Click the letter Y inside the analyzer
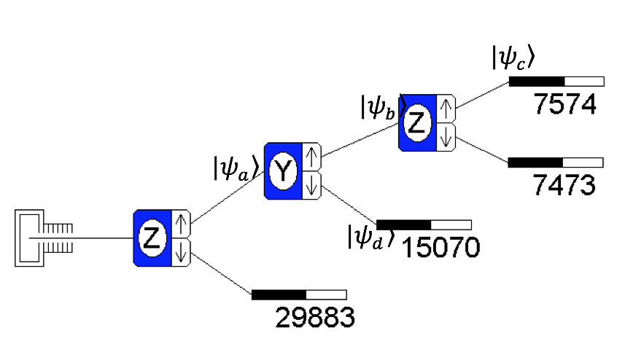[x=281, y=171]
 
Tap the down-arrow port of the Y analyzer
[x=311, y=185]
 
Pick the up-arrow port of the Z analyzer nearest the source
[x=180, y=222]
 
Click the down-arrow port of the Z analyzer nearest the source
[x=180, y=252]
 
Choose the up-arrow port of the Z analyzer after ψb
[x=446, y=108]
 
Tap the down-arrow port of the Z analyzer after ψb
[x=446, y=137]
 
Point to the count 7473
[x=564, y=185]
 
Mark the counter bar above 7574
[x=556, y=81]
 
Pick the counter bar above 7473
[x=556, y=162]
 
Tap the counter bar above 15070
[x=424, y=224]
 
